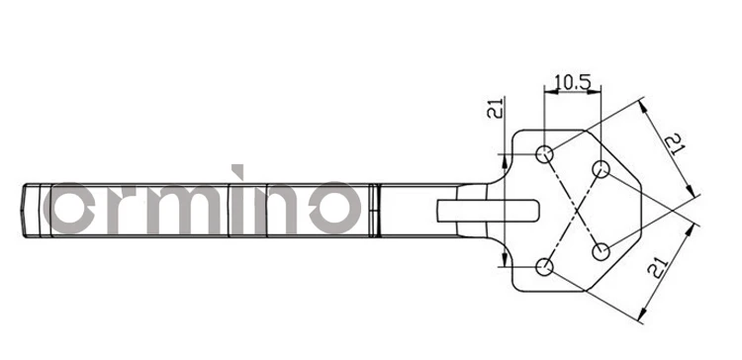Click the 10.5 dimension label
pyautogui.click(x=573, y=82)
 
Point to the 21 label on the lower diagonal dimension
pyautogui.click(x=658, y=268)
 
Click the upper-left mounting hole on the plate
pyautogui.click(x=544, y=153)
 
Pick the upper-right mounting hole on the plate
pyautogui.click(x=601, y=169)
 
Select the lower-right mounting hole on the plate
pyautogui.click(x=601, y=252)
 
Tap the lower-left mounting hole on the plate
pyautogui.click(x=544, y=267)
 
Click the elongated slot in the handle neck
pyautogui.click(x=488, y=210)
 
